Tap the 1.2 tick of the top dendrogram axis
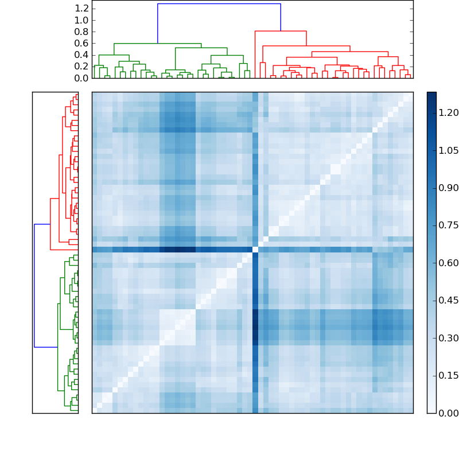click(82, 9)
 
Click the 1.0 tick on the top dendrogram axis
click(82, 20)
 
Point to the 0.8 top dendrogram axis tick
click(82, 32)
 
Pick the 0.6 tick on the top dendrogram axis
click(82, 44)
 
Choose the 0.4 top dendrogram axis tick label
click(82, 55)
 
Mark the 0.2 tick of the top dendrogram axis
click(82, 67)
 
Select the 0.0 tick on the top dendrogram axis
click(82, 78)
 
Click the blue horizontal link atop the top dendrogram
click(219, 4)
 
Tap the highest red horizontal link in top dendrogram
click(281, 31)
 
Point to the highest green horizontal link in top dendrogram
click(157, 44)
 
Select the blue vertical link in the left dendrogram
click(34, 285)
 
